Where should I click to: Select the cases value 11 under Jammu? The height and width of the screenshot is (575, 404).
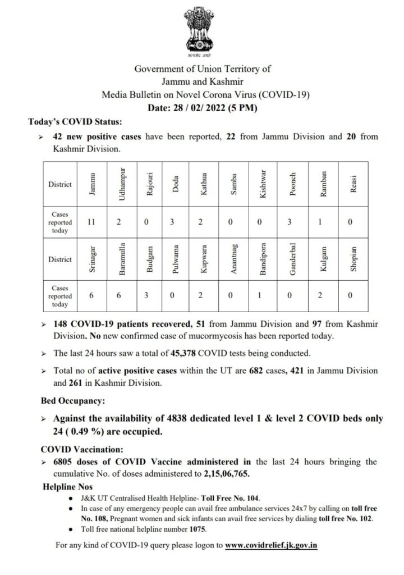click(91, 222)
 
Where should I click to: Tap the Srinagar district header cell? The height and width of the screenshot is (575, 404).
click(91, 259)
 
